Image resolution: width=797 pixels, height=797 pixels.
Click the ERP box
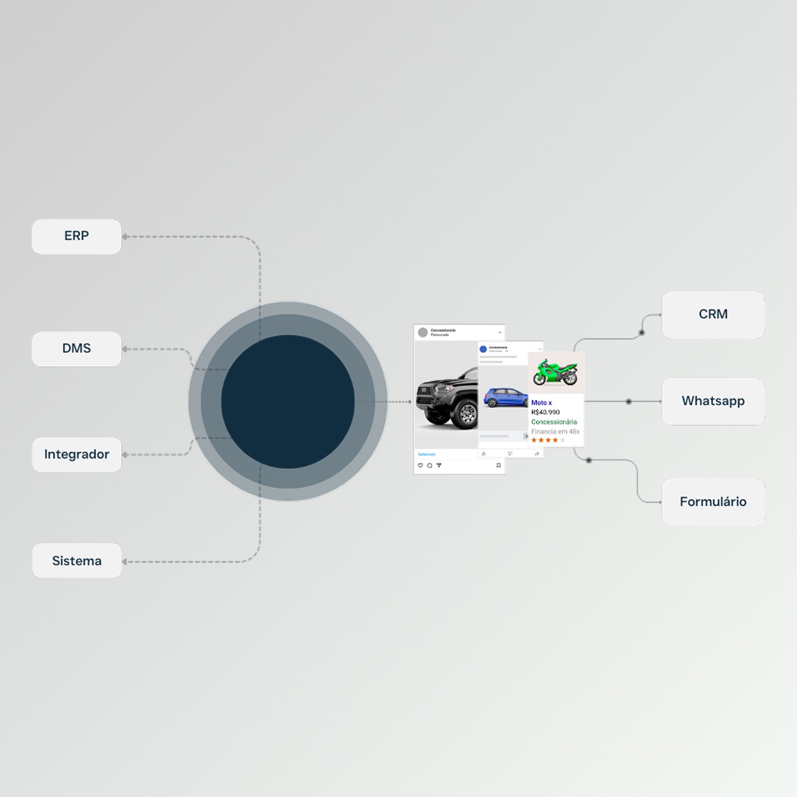pos(76,236)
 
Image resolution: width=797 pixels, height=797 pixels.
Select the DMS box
pos(76,349)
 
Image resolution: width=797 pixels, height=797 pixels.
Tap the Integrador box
pos(76,455)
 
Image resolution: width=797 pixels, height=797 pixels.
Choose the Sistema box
pos(76,561)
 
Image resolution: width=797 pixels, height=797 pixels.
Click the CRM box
pos(713,314)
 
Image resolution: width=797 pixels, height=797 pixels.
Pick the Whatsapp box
pos(713,401)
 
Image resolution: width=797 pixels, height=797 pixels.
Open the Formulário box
pos(713,502)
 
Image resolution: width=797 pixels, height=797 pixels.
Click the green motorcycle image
pos(555,372)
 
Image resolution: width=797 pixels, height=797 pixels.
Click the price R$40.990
pos(545,412)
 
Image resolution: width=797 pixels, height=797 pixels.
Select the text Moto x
pos(541,402)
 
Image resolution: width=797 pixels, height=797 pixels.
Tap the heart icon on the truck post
pos(420,465)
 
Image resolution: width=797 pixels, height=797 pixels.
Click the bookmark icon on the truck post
pos(498,465)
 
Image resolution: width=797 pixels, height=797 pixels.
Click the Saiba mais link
pos(427,454)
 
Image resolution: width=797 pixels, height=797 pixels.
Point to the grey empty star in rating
pos(562,440)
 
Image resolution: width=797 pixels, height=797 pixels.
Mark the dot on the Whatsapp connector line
pos(628,401)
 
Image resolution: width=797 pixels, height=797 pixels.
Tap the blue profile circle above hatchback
pos(483,349)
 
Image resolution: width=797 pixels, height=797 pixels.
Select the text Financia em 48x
pos(555,431)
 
